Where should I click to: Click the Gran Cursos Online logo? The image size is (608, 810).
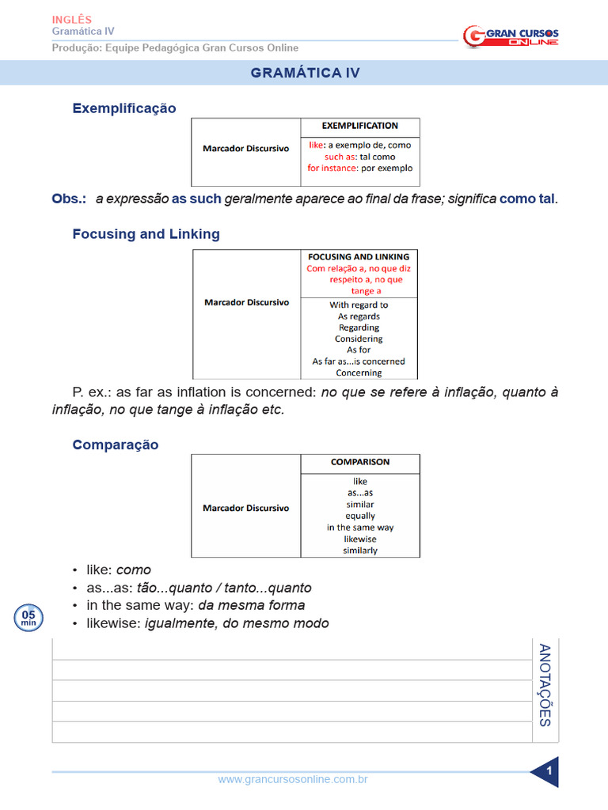point(511,36)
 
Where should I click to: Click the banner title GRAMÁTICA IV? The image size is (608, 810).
point(305,73)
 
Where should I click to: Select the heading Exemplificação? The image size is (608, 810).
point(124,108)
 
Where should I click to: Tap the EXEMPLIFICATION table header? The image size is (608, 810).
point(359,126)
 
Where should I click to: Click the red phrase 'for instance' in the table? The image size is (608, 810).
point(332,168)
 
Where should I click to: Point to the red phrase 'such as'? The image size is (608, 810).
point(340,157)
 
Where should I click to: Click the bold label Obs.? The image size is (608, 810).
point(69,199)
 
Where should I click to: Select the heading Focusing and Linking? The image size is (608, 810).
point(146,234)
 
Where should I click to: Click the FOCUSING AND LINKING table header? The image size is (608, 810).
point(359,257)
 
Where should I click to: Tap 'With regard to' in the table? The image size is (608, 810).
point(359,305)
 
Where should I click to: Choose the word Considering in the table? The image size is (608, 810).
point(359,339)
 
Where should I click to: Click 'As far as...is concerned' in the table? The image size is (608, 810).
point(359,361)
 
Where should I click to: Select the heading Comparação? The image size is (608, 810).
point(116,445)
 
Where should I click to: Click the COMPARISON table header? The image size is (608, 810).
point(359,462)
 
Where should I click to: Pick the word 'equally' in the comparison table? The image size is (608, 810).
point(360,516)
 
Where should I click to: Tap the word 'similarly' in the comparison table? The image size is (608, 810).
point(360,551)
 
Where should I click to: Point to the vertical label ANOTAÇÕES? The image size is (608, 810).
point(545,685)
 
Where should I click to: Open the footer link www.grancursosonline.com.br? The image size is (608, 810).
point(293,780)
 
